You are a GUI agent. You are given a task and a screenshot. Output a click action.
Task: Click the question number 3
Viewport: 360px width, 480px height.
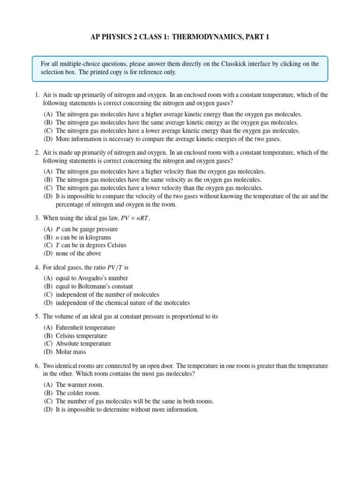click(37, 218)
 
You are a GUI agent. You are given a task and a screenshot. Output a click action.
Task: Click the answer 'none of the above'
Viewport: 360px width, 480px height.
click(77, 253)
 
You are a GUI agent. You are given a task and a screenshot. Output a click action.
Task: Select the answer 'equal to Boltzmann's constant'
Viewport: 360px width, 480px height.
click(94, 286)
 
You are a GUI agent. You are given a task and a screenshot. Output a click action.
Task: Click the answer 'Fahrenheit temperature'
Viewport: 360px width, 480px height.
click(85, 328)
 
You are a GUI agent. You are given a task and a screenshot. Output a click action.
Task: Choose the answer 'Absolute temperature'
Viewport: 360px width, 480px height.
click(83, 344)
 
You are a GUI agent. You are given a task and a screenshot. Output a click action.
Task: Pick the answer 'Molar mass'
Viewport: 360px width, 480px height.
click(71, 352)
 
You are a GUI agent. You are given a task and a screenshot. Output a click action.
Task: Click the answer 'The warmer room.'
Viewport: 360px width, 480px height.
click(80, 385)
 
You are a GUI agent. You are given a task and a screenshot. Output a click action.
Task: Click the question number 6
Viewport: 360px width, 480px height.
click(37, 366)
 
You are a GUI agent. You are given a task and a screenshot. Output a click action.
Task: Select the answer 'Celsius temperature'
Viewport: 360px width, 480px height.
click(82, 336)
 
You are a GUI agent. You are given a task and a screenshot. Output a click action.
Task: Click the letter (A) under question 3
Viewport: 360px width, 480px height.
click(48, 229)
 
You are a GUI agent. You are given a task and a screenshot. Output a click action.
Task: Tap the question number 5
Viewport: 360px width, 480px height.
click(37, 316)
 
